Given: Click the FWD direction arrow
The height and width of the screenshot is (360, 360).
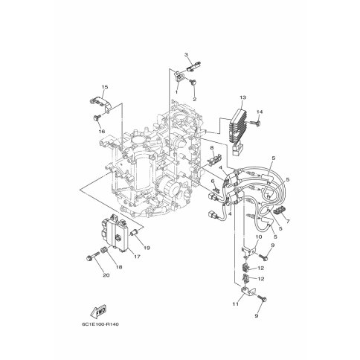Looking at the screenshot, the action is tap(98, 312).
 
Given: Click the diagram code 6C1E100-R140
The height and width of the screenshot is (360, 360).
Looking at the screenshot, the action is tap(100, 324).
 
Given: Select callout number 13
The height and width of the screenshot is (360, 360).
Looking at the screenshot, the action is tap(242, 97).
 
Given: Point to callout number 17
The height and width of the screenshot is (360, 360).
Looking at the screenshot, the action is tap(137, 257).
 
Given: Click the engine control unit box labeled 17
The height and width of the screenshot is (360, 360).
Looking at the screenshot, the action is tap(115, 234).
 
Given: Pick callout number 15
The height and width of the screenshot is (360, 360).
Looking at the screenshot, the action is tap(105, 87).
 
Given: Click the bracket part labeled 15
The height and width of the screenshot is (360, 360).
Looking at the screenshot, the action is tap(100, 103).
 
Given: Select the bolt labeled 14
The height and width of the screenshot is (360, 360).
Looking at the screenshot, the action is tap(255, 123).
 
